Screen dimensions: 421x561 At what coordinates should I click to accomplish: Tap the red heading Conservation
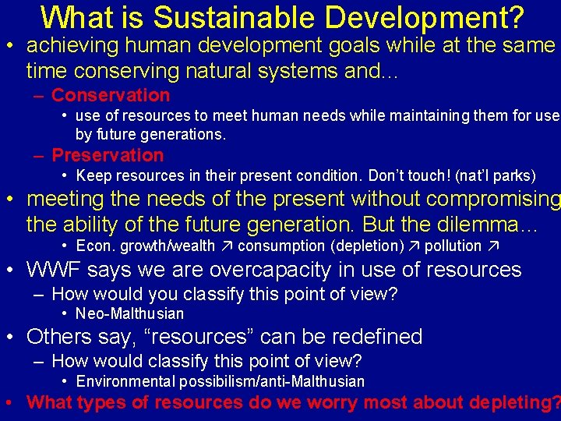coord(110,95)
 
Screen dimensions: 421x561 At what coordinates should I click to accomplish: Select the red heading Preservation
coord(108,155)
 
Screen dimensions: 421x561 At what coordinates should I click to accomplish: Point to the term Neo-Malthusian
coord(130,314)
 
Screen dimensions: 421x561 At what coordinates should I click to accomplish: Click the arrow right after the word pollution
coord(492,246)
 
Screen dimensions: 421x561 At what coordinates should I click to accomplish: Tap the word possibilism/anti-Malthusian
coord(271,381)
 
